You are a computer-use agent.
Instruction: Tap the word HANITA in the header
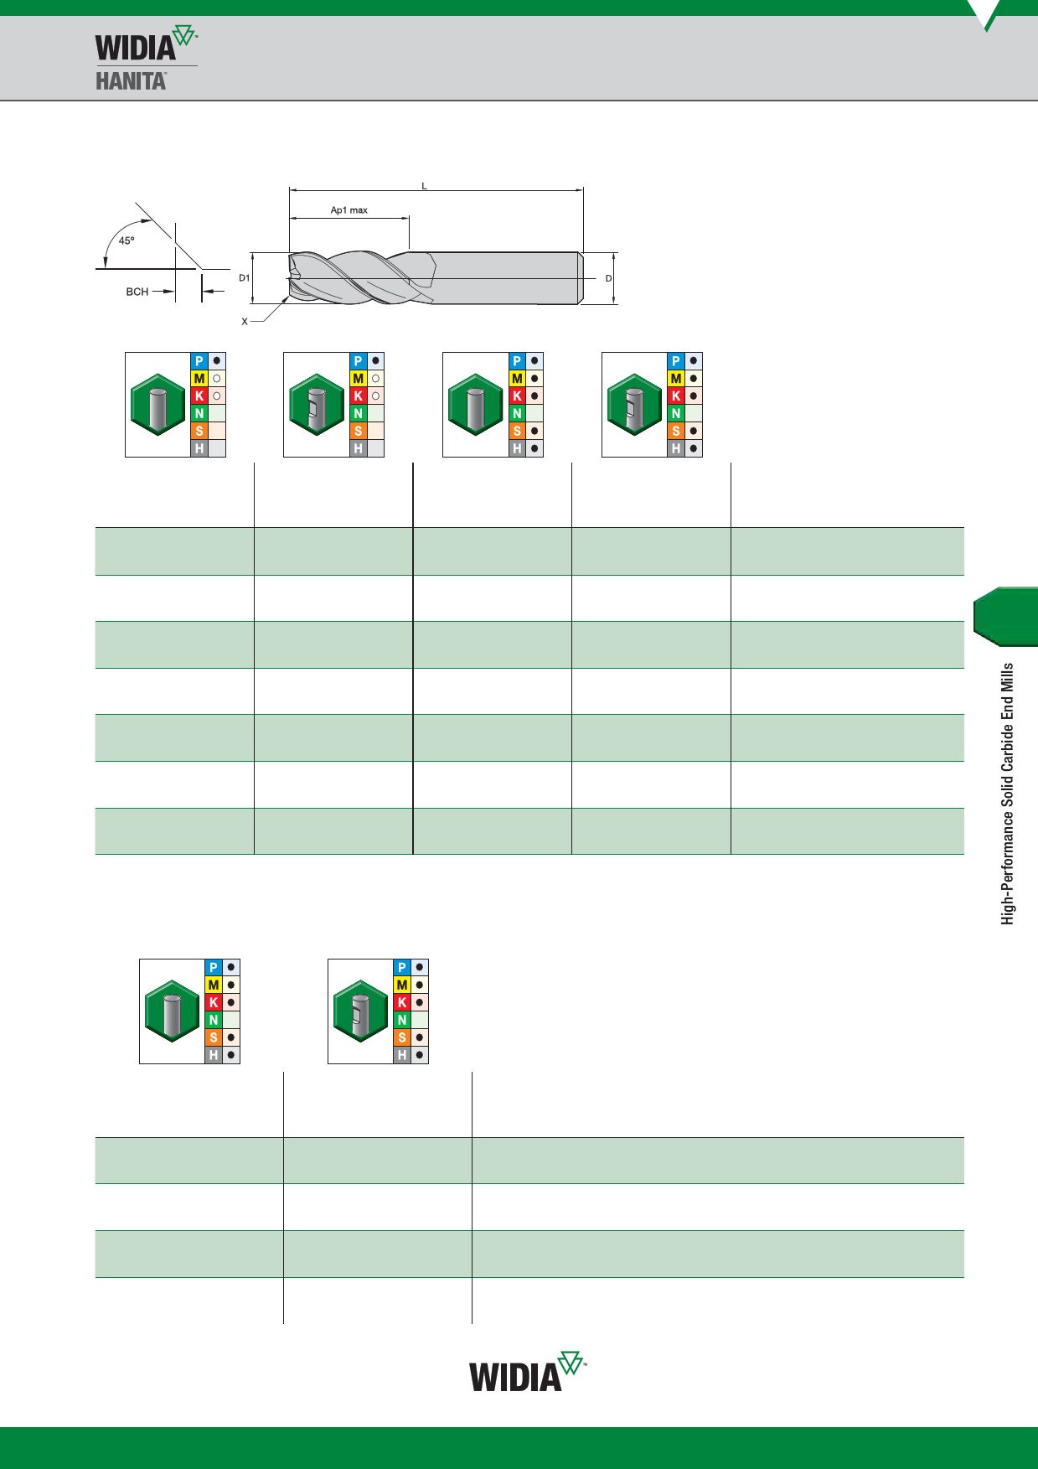131,80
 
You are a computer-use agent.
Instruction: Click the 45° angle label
127,241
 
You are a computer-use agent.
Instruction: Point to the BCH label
137,292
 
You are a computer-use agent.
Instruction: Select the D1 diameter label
245,277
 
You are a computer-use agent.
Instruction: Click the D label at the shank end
609,278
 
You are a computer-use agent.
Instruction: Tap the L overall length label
425,186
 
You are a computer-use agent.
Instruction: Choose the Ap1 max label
349,210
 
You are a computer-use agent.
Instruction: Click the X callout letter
245,322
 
